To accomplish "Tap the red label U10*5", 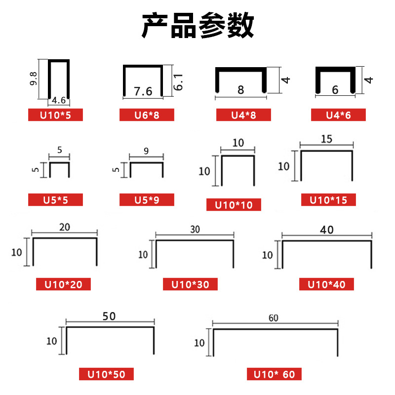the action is click(x=55, y=116).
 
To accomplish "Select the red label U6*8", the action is click(x=147, y=116).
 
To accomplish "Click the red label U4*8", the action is click(x=243, y=116).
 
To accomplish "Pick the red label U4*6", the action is click(x=338, y=116).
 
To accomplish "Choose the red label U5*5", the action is click(x=55, y=200).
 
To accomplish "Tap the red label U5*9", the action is click(x=147, y=200).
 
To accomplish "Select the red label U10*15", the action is click(x=328, y=200).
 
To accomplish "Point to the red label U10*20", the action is click(x=63, y=284).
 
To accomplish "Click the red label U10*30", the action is click(x=190, y=284).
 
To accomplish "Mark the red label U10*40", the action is click(x=326, y=284).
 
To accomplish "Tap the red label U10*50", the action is click(x=106, y=374).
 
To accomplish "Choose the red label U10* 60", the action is click(x=274, y=374).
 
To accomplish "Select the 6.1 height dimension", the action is click(x=178, y=80).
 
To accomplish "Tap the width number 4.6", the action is click(x=59, y=101).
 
